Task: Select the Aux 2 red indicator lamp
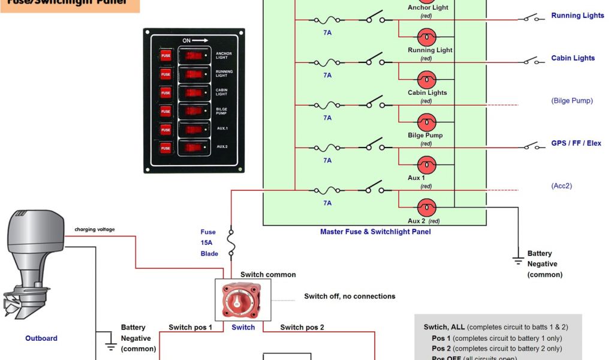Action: click(426, 208)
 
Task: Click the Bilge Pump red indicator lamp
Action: click(426, 122)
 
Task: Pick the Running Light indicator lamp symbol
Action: click(426, 37)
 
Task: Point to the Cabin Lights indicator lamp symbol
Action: click(426, 80)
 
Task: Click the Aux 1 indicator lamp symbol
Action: click(426, 165)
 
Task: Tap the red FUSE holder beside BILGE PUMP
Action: click(165, 111)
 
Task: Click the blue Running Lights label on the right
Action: click(577, 16)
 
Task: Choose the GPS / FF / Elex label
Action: click(576, 143)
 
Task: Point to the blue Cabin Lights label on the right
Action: click(573, 58)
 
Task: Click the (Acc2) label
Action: click(561, 186)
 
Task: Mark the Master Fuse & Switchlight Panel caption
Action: click(375, 232)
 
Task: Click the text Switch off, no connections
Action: click(350, 296)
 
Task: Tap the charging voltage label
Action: click(94, 229)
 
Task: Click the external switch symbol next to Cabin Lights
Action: click(531, 61)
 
